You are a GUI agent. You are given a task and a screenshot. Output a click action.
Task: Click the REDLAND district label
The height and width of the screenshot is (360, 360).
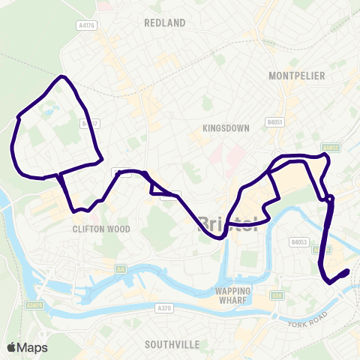click(164, 23)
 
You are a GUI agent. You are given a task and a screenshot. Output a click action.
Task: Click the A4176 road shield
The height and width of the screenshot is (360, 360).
click(85, 25)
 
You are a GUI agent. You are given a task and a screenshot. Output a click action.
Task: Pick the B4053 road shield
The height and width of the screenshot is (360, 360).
click(299, 242)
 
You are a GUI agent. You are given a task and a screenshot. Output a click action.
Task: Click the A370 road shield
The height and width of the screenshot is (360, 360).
click(165, 308)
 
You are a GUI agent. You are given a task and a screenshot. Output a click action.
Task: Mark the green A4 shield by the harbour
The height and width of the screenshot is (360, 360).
click(119, 268)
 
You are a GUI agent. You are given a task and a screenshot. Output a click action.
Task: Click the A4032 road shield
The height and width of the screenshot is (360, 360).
click(330, 148)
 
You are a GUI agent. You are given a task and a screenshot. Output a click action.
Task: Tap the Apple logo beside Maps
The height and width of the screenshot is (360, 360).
click(12, 347)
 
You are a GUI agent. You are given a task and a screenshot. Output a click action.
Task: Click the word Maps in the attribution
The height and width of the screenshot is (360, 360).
click(32, 347)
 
